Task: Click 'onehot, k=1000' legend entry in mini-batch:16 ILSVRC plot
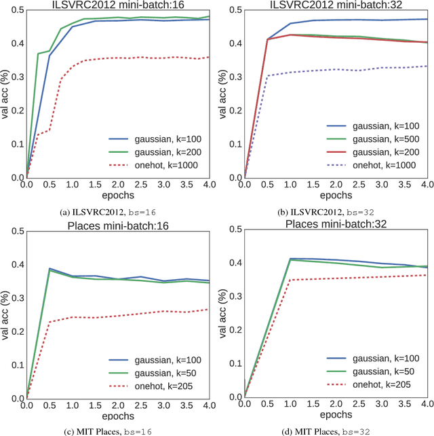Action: click(169, 165)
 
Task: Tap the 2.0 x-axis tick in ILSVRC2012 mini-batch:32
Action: click(337, 184)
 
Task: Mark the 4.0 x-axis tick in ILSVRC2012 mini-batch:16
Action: click(209, 184)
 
